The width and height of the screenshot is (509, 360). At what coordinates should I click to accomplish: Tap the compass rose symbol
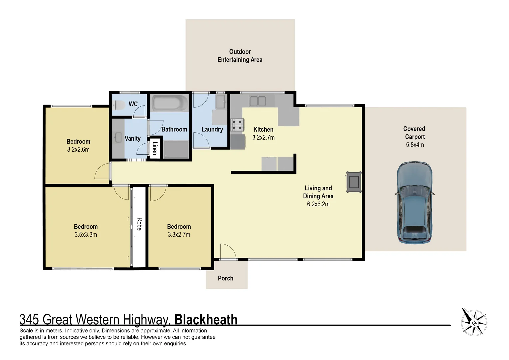(474, 322)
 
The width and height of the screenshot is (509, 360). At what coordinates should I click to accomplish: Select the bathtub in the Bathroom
(170, 103)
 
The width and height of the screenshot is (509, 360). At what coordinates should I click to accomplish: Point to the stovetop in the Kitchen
(237, 125)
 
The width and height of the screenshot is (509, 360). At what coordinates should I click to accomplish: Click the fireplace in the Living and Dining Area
(354, 182)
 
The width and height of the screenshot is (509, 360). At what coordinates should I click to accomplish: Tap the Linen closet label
(155, 148)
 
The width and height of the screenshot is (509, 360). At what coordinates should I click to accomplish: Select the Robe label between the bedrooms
(139, 224)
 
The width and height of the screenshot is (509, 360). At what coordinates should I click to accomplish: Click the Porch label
(226, 278)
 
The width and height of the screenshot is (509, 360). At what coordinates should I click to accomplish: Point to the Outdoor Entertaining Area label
(240, 56)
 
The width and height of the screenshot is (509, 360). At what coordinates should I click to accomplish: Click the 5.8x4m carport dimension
(415, 145)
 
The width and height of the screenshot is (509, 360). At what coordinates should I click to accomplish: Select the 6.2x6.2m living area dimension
(318, 204)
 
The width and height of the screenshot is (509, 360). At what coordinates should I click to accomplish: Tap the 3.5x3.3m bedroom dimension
(86, 235)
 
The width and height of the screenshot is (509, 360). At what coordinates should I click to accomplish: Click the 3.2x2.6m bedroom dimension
(78, 150)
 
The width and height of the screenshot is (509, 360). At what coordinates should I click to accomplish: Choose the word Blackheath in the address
(206, 320)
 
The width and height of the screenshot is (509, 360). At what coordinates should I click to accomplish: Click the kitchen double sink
(258, 101)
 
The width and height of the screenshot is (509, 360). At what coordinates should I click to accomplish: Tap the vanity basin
(118, 137)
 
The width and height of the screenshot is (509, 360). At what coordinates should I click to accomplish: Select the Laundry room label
(212, 129)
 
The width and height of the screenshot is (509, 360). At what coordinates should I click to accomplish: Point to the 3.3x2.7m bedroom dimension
(179, 235)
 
